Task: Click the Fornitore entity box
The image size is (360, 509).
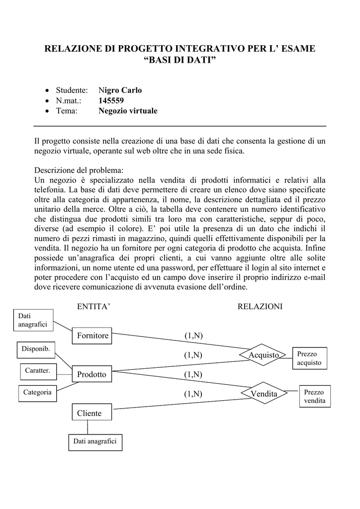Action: point(92,336)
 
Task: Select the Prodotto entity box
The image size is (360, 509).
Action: point(92,374)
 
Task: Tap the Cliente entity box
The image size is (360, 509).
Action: point(92,413)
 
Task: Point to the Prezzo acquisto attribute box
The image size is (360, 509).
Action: point(310,358)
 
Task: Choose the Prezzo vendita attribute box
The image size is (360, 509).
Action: point(315,396)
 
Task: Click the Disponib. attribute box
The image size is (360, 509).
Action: point(36,349)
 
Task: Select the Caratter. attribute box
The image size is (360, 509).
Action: point(38,370)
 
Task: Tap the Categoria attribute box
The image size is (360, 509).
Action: point(37,393)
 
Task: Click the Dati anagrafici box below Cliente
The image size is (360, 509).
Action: point(95,441)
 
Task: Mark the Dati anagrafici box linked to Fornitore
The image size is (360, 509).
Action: point(33,320)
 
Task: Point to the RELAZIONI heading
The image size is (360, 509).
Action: point(260,307)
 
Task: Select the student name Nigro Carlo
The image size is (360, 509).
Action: point(120,90)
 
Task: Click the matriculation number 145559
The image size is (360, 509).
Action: point(111,100)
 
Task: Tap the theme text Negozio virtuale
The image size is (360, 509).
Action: point(128,111)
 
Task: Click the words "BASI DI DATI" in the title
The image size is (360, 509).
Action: point(180,61)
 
